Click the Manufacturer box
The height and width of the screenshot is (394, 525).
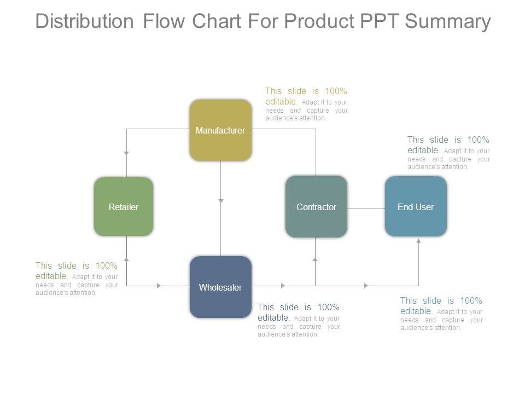(220, 130)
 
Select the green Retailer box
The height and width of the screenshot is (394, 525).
(124, 206)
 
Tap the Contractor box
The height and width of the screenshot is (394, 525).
(316, 206)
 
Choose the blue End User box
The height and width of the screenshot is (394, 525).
(416, 206)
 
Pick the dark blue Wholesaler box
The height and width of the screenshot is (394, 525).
(220, 287)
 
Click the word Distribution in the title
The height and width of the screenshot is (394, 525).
(84, 21)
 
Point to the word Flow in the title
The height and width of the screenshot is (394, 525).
(162, 21)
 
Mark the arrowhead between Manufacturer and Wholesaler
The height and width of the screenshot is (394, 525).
(221, 201)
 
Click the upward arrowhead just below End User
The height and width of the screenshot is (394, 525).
(419, 240)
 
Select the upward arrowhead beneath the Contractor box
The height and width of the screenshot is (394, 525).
(315, 259)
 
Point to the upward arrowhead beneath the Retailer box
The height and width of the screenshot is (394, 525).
(126, 258)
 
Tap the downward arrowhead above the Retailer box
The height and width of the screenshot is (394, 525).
(126, 153)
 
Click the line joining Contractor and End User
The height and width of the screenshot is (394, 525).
(366, 208)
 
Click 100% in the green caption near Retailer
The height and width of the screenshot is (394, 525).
(107, 266)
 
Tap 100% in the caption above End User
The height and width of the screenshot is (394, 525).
(478, 140)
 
